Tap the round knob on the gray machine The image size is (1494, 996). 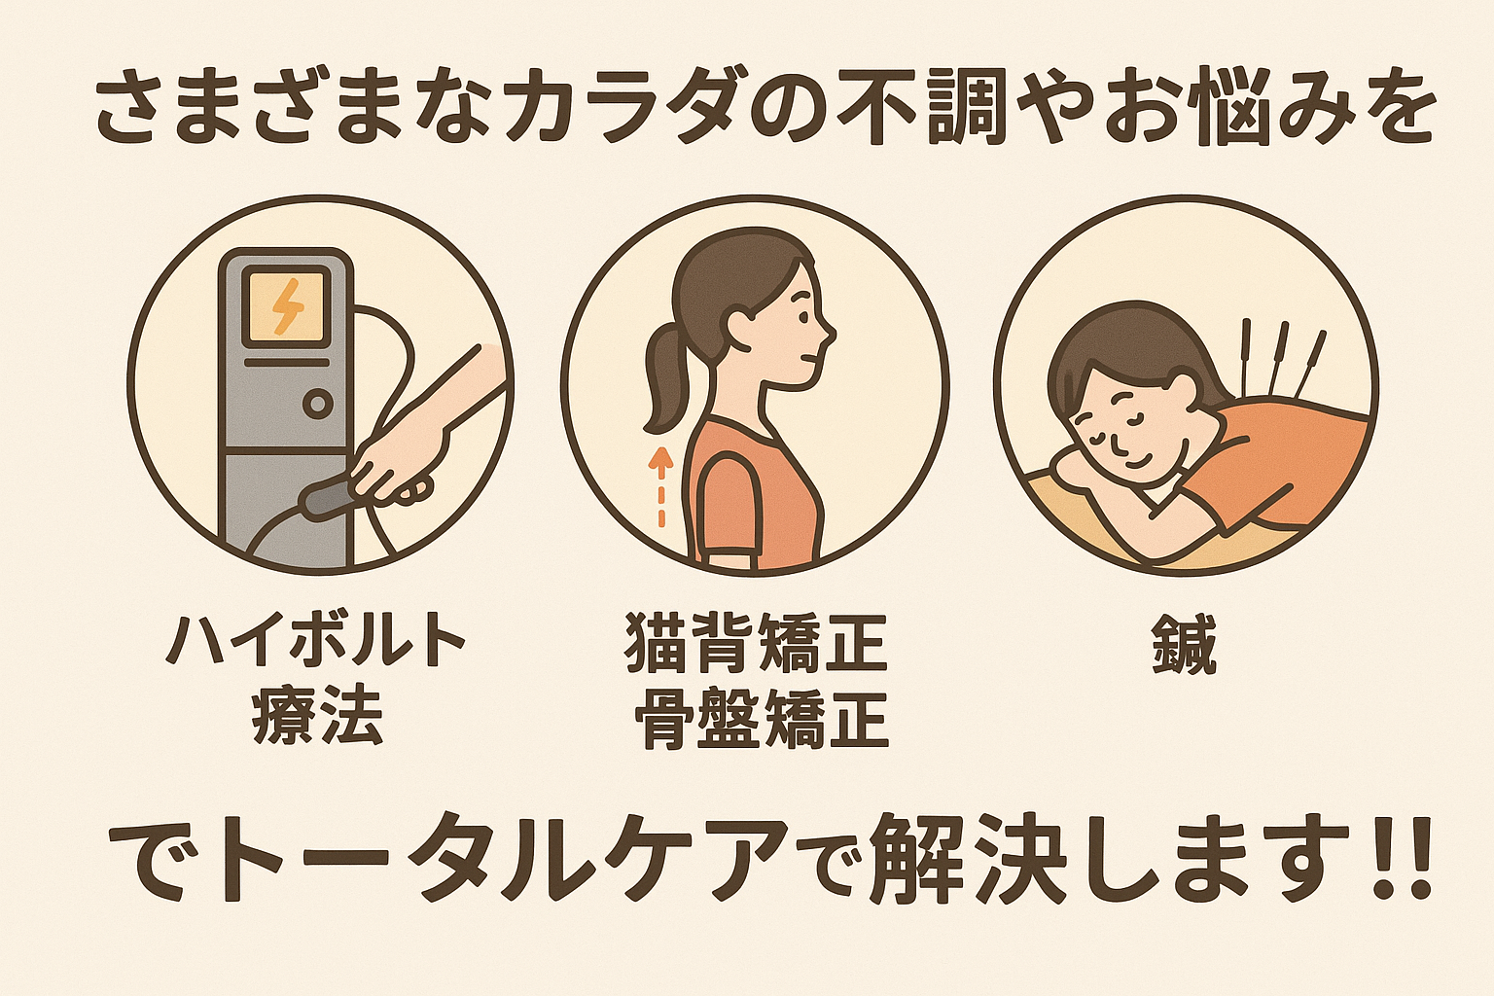pos(318,404)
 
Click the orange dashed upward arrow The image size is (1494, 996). pos(661,487)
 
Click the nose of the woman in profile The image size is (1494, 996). pos(830,333)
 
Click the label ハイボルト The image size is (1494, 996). pos(315,640)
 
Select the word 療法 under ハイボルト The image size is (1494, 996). pos(316,718)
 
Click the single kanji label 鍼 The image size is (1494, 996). pos(1184,645)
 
